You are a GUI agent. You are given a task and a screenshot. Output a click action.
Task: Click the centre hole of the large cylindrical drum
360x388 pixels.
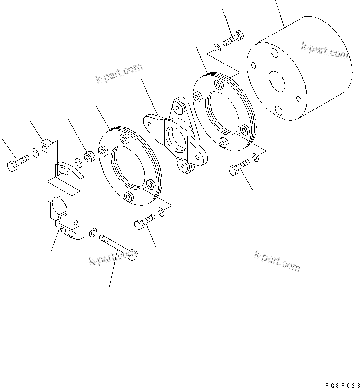277,81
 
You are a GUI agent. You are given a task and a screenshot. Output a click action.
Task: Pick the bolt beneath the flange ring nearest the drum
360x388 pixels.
239,168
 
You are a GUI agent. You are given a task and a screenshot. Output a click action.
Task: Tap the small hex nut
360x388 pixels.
88,157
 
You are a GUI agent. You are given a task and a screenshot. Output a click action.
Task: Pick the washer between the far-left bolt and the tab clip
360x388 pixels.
35,152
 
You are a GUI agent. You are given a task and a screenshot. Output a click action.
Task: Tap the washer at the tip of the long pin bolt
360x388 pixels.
93,232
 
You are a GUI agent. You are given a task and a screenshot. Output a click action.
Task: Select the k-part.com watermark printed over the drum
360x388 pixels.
324,50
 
